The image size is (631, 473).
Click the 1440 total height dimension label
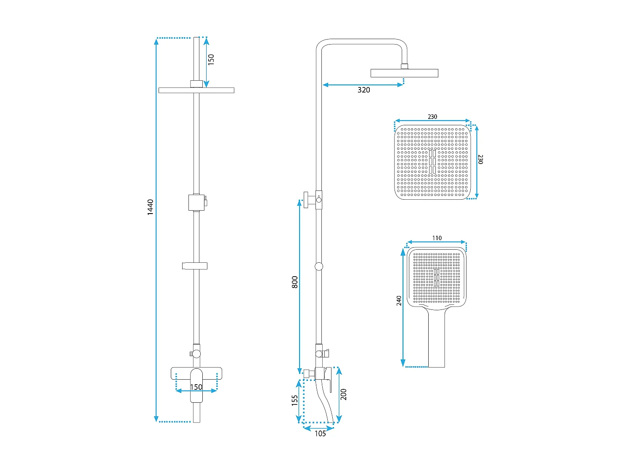coord(150,207)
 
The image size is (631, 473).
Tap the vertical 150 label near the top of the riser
coord(211,59)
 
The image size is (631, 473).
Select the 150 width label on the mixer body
coord(196,387)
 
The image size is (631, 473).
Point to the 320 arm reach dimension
coord(364,90)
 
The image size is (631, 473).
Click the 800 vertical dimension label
coord(294,282)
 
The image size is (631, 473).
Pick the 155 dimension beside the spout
coord(295,400)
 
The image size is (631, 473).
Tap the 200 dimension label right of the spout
coord(344,394)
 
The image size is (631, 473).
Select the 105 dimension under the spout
coord(320,433)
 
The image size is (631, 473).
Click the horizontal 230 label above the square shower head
coord(432,117)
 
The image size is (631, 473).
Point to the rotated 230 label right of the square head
coord(481,159)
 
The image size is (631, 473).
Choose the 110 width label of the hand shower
coord(437,238)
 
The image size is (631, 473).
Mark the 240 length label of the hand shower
coord(399,301)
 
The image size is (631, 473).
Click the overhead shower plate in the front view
coord(196,90)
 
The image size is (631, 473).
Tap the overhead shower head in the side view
coord(404,73)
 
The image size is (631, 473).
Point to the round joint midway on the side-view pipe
coord(319,266)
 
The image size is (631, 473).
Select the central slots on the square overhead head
coord(432,162)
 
